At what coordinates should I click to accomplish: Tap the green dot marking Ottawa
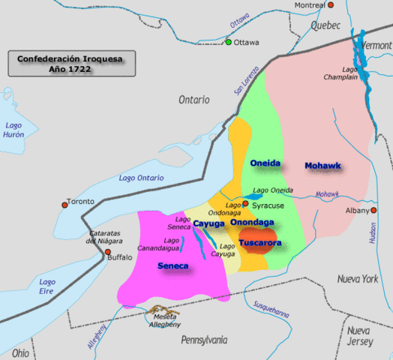tap(229, 42)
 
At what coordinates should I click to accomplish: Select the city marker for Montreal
tap(329, 5)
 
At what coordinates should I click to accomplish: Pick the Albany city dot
tap(372, 211)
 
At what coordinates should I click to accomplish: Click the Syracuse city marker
tap(245, 204)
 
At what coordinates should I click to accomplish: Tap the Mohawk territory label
tap(322, 165)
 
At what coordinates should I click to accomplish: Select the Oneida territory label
tap(264, 163)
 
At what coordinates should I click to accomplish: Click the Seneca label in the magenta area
tap(172, 265)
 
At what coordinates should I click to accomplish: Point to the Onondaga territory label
tap(252, 223)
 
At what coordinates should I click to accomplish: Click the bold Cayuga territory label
tap(208, 223)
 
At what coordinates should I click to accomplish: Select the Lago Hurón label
tap(13, 130)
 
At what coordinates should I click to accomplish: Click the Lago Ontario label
tap(142, 178)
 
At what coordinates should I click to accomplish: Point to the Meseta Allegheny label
tap(163, 320)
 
